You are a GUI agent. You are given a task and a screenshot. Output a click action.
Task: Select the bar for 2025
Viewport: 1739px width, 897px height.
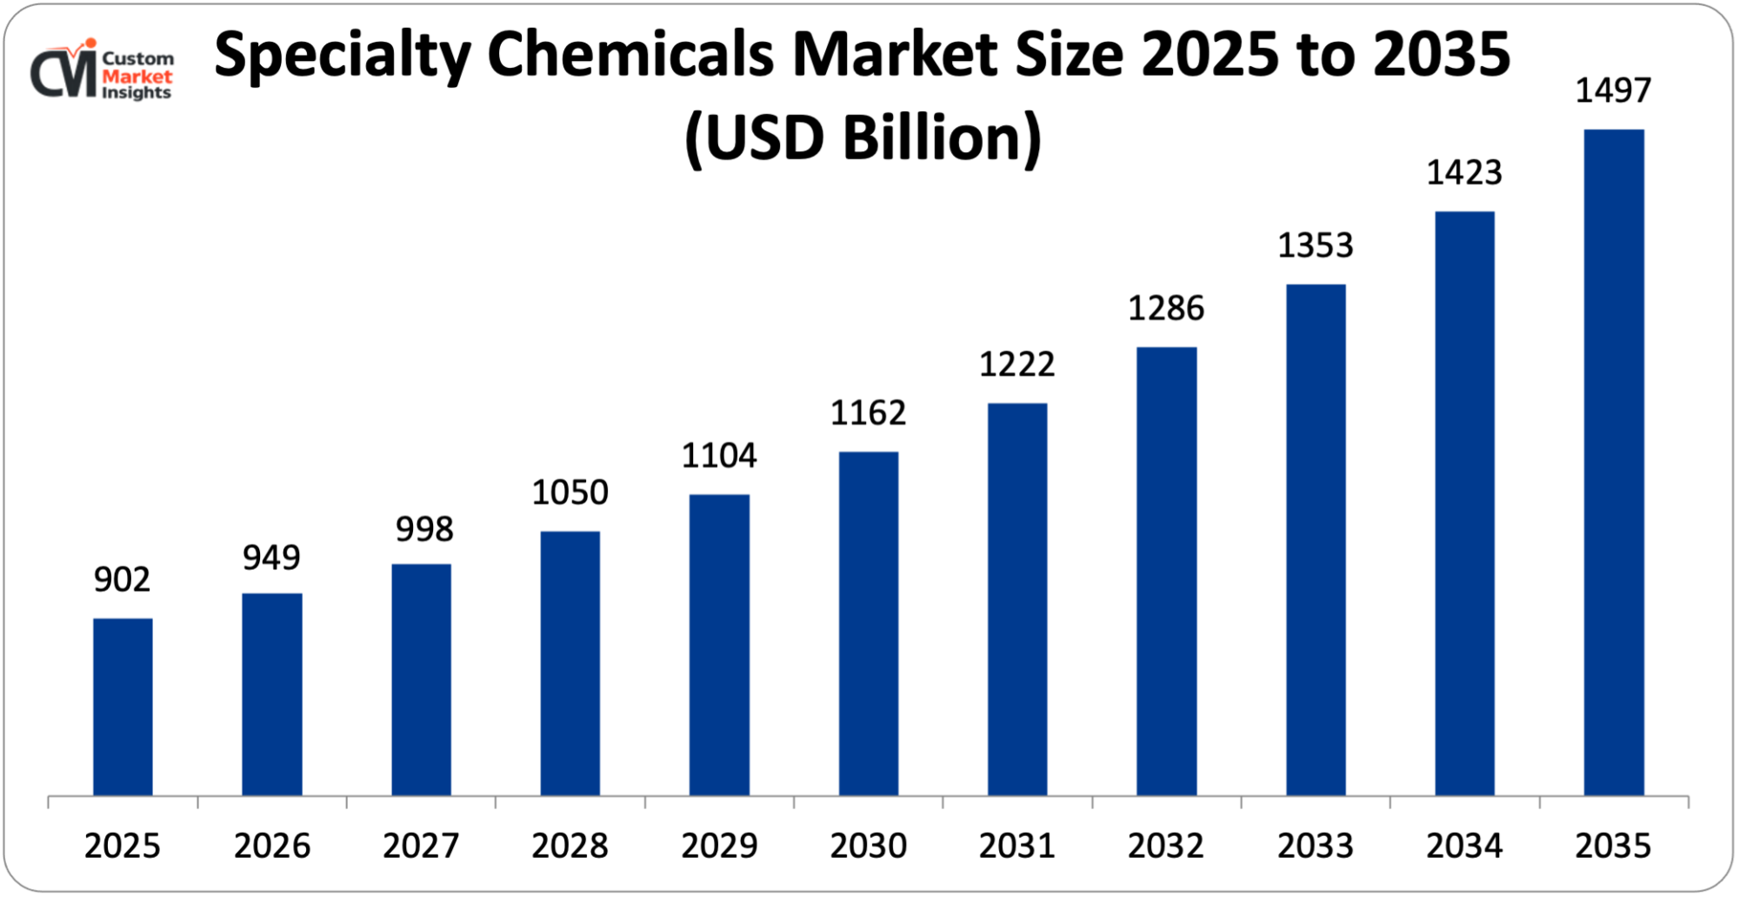pyautogui.click(x=123, y=706)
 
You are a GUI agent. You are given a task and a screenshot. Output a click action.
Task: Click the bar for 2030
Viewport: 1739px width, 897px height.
pyautogui.click(x=869, y=623)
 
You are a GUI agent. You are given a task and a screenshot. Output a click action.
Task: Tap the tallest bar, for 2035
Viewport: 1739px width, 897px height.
pyautogui.click(x=1614, y=462)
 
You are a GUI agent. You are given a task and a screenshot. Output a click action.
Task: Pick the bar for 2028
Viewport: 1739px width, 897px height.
pyautogui.click(x=570, y=663)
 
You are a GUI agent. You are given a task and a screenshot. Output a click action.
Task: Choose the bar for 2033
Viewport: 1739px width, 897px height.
pyautogui.click(x=1316, y=539)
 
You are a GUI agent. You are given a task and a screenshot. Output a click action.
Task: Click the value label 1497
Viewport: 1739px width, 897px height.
pyautogui.click(x=1613, y=90)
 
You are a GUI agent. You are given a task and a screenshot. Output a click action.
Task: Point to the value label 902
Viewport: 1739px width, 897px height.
pyautogui.click(x=122, y=579)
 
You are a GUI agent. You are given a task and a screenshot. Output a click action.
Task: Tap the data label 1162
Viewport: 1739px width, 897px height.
pyautogui.click(x=868, y=412)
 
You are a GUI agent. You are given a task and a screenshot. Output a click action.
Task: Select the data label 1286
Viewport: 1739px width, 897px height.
pyautogui.click(x=1166, y=308)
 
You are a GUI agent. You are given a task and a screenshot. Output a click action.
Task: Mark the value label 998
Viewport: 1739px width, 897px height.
pyautogui.click(x=424, y=529)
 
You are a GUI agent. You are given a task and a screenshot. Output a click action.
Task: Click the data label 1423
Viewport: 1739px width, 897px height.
pyautogui.click(x=1464, y=172)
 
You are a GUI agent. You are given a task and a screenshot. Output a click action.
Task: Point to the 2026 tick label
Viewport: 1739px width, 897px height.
pyautogui.click(x=271, y=846)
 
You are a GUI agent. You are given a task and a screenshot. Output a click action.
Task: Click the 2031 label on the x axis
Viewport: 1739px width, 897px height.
pyautogui.click(x=1016, y=846)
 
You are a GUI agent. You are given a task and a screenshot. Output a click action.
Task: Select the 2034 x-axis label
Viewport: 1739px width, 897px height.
pyautogui.click(x=1464, y=846)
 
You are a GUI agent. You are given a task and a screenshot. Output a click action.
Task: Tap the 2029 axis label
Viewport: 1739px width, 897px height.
pyautogui.click(x=719, y=846)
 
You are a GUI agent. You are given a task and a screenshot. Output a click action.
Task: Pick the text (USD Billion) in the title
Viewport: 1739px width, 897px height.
pyautogui.click(x=863, y=138)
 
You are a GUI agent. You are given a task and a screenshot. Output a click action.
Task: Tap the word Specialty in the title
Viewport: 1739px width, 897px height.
pyautogui.click(x=343, y=56)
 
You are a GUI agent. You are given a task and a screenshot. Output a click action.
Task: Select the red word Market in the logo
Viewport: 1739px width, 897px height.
pyautogui.click(x=137, y=76)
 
